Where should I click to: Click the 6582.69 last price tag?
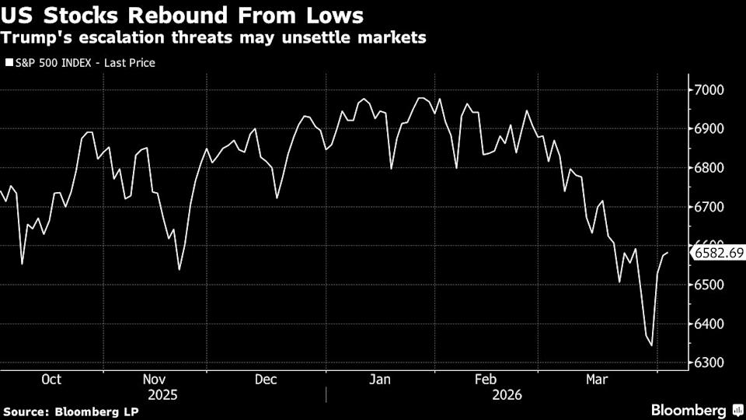click(719, 253)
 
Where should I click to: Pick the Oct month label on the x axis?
click(51, 380)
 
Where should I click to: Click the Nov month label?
click(155, 380)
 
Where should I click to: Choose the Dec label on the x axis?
click(266, 380)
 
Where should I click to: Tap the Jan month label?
click(379, 380)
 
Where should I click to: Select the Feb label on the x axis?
click(486, 380)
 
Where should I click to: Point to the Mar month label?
click(597, 380)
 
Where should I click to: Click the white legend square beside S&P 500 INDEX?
click(9, 62)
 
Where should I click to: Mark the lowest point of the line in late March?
click(651, 346)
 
